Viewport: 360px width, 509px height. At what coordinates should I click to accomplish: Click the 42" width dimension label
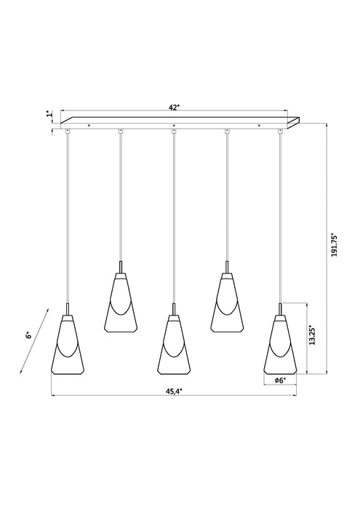(x=174, y=106)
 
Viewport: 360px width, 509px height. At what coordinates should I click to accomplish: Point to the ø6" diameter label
(x=280, y=380)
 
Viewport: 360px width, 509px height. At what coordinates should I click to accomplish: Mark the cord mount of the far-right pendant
(x=281, y=131)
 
